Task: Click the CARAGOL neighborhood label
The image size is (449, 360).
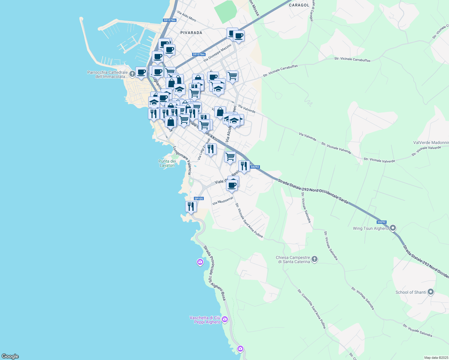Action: pyautogui.click(x=299, y=5)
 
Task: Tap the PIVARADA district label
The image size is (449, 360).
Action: pyautogui.click(x=191, y=33)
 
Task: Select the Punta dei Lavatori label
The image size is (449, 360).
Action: pyautogui.click(x=167, y=163)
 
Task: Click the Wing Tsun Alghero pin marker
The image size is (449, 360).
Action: pyautogui.click(x=393, y=228)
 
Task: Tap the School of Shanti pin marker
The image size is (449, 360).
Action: pyautogui.click(x=431, y=292)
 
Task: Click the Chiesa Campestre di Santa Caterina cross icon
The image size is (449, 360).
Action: pyautogui.click(x=314, y=259)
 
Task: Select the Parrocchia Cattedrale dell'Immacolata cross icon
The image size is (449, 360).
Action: pyautogui.click(x=132, y=73)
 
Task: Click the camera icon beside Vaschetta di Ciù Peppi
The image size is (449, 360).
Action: pyautogui.click(x=225, y=319)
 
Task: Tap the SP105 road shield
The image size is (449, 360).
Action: pyautogui.click(x=199, y=199)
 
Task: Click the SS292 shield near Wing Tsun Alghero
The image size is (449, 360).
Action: pyautogui.click(x=381, y=222)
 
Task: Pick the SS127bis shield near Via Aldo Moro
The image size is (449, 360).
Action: pyautogui.click(x=170, y=20)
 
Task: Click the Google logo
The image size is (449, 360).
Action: pyautogui.click(x=10, y=356)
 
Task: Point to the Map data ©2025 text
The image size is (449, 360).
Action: pyautogui.click(x=436, y=358)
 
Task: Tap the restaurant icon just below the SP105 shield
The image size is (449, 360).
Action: pyautogui.click(x=191, y=206)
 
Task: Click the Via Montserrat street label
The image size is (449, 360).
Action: pyautogui.click(x=223, y=201)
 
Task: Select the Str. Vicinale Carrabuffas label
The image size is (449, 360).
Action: pyautogui.click(x=352, y=59)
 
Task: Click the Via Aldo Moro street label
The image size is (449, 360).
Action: pyautogui.click(x=187, y=16)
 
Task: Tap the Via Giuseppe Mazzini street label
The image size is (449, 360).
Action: pyautogui.click(x=218, y=53)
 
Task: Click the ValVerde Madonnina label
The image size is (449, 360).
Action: pyautogui.click(x=431, y=142)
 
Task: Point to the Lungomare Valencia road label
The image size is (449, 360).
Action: pyautogui.click(x=182, y=160)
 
